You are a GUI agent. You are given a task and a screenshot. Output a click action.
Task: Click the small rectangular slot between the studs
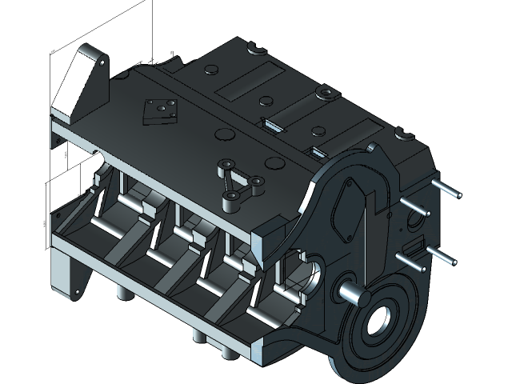tap(415, 242)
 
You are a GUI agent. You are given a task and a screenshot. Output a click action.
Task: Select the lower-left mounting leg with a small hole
tap(64, 276)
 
